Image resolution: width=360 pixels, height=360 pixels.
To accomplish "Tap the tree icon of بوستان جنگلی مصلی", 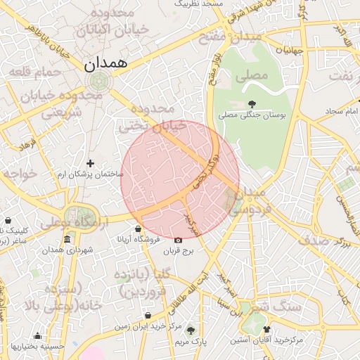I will pyautogui.click(x=252, y=104).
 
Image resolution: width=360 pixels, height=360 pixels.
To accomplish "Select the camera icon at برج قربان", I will pyautogui.click(x=177, y=239).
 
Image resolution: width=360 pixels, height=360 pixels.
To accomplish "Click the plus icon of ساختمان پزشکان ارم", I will pyautogui.click(x=90, y=163).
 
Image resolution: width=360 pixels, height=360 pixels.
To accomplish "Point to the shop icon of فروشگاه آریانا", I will pyautogui.click(x=138, y=229).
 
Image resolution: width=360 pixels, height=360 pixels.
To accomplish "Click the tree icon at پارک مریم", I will pyautogui.click(x=190, y=330).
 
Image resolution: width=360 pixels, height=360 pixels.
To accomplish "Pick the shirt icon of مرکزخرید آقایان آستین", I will pyautogui.click(x=266, y=329).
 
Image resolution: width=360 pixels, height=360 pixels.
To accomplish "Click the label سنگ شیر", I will pyautogui.click(x=278, y=307).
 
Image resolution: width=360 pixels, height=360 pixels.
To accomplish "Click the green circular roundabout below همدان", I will pyautogui.click(x=99, y=80).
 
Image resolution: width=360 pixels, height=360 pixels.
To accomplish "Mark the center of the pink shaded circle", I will pyautogui.click(x=180, y=180).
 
